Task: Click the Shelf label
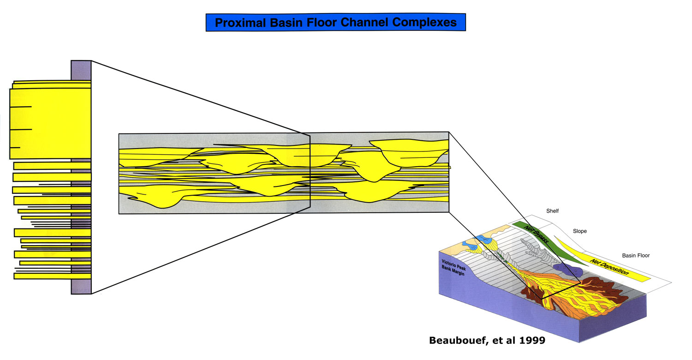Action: [552, 211]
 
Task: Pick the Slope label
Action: [579, 231]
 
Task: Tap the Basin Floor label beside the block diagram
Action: [636, 255]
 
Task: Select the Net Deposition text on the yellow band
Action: [609, 267]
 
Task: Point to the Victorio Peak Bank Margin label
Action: [453, 267]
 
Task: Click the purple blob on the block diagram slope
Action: [568, 270]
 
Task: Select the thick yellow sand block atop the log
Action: [50, 124]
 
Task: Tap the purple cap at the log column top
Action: [81, 71]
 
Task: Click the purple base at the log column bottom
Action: [81, 287]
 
